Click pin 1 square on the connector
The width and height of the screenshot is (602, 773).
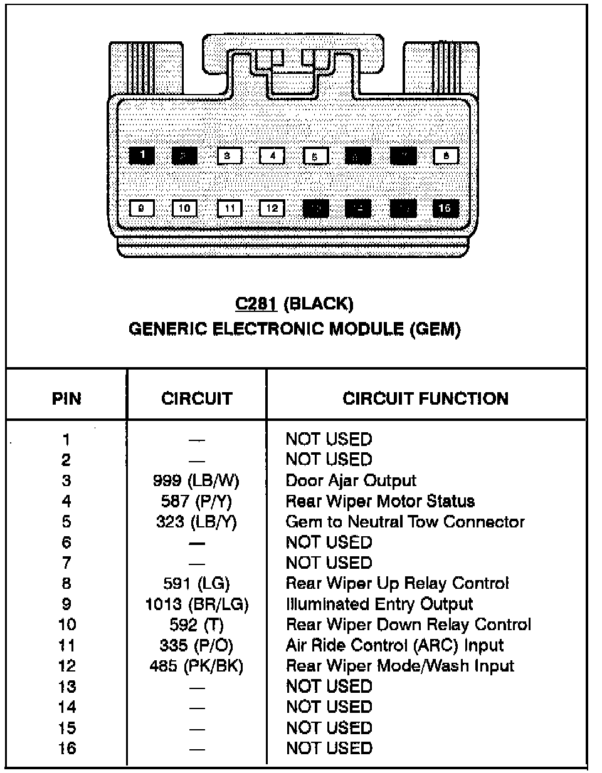pos(142,155)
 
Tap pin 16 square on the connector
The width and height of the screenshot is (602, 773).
pos(445,208)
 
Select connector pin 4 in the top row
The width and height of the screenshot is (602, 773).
pos(272,155)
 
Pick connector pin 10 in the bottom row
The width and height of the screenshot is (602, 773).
pos(184,209)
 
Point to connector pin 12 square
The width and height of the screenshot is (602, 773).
pos(272,209)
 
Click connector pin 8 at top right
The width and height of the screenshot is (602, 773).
pos(446,155)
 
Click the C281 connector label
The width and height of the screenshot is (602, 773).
pos(256,304)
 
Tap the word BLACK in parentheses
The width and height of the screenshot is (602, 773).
pos(319,304)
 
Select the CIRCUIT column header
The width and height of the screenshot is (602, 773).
pos(196,398)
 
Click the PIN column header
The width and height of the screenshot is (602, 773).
pos(66,398)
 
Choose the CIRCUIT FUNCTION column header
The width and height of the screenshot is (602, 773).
pos(425,398)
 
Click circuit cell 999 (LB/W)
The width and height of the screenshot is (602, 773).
pos(196,480)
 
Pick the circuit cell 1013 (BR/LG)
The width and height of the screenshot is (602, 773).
pos(196,604)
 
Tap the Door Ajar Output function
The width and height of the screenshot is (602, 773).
pos(351,480)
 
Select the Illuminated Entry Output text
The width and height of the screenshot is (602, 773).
pos(379,604)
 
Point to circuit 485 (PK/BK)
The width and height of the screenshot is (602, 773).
pos(196,666)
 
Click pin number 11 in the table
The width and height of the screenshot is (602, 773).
pos(66,645)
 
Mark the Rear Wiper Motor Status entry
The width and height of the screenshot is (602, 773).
pos(380,501)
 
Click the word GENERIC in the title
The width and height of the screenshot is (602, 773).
pos(167,329)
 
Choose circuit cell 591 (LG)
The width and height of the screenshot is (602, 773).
pos(196,584)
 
